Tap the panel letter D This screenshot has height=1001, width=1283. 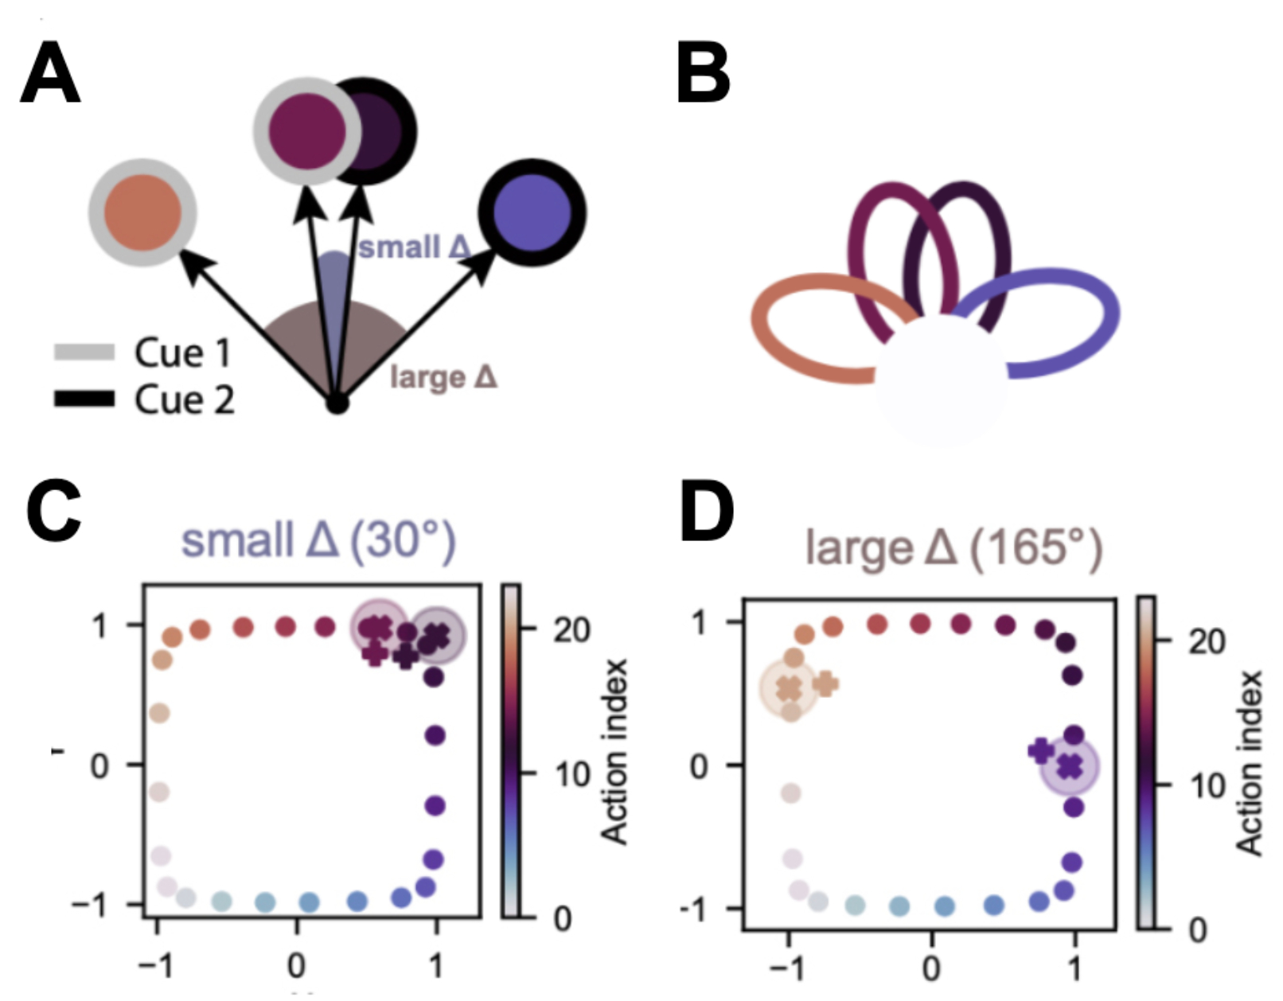(706, 513)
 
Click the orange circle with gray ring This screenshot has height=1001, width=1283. (142, 212)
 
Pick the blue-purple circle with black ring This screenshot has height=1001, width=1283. (532, 212)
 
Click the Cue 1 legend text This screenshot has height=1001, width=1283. (182, 352)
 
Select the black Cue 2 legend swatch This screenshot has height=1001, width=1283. (84, 399)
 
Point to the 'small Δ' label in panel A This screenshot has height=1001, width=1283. (414, 247)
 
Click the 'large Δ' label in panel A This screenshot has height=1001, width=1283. (443, 376)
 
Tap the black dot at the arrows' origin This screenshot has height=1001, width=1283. (337, 403)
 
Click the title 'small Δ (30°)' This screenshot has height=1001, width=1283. (318, 541)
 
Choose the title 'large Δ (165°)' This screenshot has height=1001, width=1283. (954, 547)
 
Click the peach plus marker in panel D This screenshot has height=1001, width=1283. (825, 683)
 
